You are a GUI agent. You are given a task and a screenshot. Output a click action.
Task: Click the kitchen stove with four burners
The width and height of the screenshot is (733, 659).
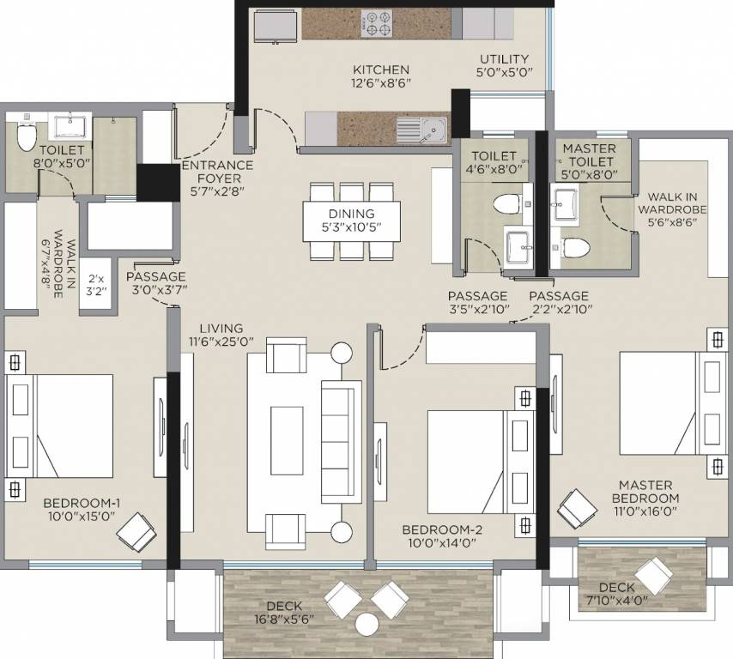click(376, 23)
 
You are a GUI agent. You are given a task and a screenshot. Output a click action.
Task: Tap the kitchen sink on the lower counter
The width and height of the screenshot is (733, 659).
click(421, 130)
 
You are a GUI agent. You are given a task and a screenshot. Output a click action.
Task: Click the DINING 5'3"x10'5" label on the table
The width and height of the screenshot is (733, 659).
click(351, 221)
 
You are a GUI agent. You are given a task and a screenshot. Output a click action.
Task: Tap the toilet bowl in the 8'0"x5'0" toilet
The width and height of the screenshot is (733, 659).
click(26, 135)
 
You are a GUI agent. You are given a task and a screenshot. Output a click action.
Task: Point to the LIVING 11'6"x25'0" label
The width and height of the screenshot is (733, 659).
click(221, 336)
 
